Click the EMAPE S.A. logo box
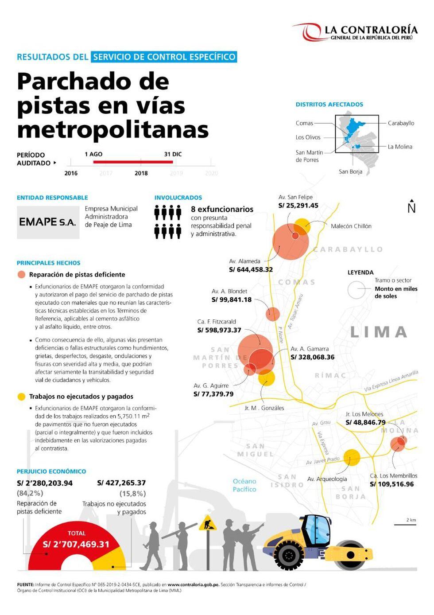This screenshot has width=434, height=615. point(48,222)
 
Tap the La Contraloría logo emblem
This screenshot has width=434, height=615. point(307,32)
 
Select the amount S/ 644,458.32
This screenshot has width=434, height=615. point(251,269)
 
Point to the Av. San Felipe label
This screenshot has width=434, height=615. point(295,197)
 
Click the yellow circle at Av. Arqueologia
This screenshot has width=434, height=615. point(352,458)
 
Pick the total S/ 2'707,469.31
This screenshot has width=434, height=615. point(76,545)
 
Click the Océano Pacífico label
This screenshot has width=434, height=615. point(244,485)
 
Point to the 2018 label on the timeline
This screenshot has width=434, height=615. point(141,173)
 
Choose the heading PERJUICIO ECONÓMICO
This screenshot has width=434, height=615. point(51,471)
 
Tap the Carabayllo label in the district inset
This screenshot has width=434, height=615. point(401,123)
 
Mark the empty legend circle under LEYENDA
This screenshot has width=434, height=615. point(356,290)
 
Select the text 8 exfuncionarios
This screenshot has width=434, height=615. point(222,209)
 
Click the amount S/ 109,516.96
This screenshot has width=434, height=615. point(391,484)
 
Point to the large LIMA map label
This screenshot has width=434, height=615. point(379,332)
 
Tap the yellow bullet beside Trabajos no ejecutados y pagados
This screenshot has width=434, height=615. point(21,397)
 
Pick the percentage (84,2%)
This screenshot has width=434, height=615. point(30,493)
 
